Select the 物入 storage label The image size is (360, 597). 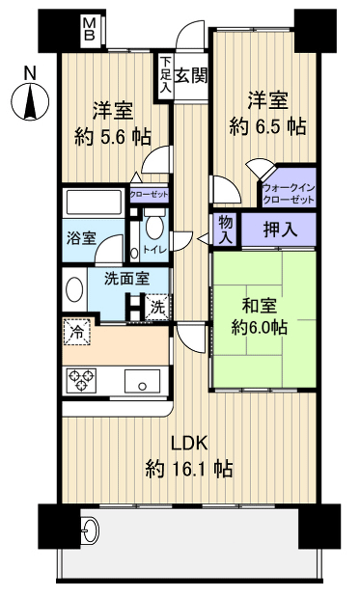[x=226, y=229]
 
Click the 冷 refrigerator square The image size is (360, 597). [x=78, y=333]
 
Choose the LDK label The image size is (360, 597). [x=189, y=444]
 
